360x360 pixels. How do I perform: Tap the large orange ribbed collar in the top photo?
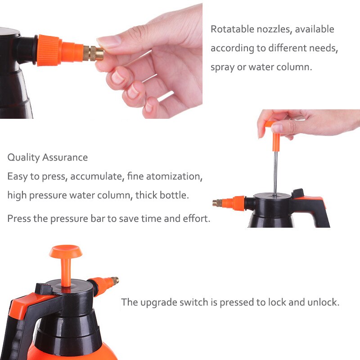tap(49, 50)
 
